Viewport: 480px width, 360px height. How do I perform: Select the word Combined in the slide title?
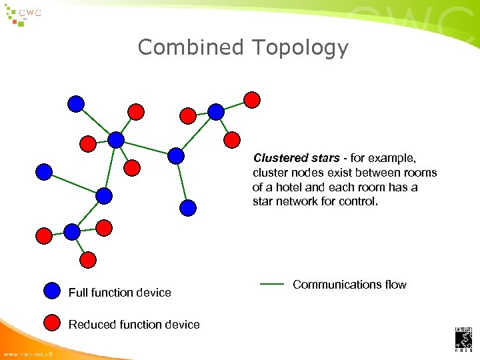click(x=191, y=48)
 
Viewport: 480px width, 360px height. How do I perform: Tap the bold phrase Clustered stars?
click(x=297, y=158)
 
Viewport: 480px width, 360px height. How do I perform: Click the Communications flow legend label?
click(x=349, y=285)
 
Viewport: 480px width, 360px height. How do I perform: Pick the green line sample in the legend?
click(x=271, y=285)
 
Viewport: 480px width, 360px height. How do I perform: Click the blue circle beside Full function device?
click(x=52, y=291)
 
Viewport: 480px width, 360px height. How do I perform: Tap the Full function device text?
click(x=120, y=293)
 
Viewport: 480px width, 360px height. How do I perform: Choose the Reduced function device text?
click(x=134, y=325)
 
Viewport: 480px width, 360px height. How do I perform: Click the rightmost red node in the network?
click(x=252, y=99)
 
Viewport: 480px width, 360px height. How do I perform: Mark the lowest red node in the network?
click(x=87, y=259)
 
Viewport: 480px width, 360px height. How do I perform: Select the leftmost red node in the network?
click(x=43, y=235)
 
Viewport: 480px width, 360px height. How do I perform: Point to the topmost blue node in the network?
click(x=77, y=103)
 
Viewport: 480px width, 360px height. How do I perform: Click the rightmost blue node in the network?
click(x=215, y=111)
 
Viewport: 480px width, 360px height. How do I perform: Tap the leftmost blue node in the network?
click(x=44, y=172)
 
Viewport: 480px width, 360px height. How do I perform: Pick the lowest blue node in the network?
click(x=72, y=231)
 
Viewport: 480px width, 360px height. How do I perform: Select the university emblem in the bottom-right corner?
click(x=463, y=339)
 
